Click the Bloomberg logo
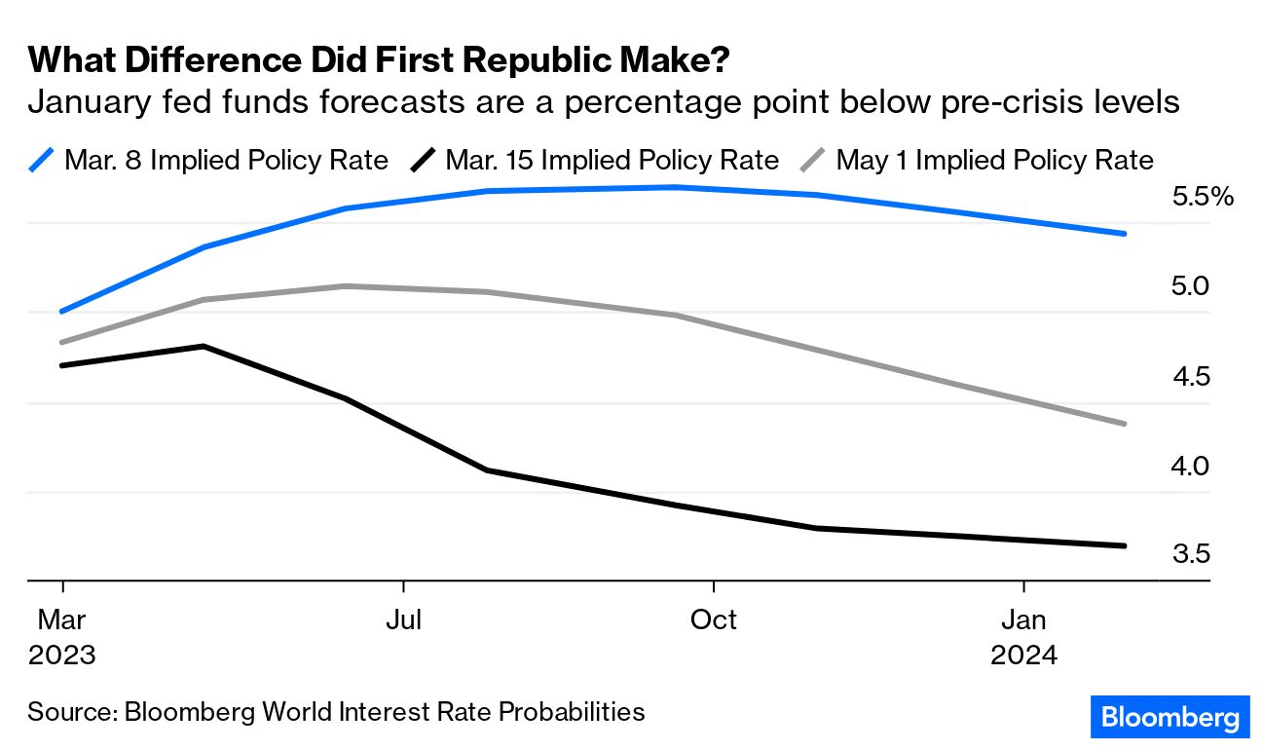coord(1169,718)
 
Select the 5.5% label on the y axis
coord(1203,198)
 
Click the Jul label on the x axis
coord(403,619)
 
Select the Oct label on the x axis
coord(714,619)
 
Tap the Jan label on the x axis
coord(1023,619)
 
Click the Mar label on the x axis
coord(62,619)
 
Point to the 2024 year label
coord(1023,656)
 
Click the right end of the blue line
coord(1125,234)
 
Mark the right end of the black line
coord(1125,545)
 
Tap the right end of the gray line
coord(1125,424)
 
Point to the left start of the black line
coord(62,365)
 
